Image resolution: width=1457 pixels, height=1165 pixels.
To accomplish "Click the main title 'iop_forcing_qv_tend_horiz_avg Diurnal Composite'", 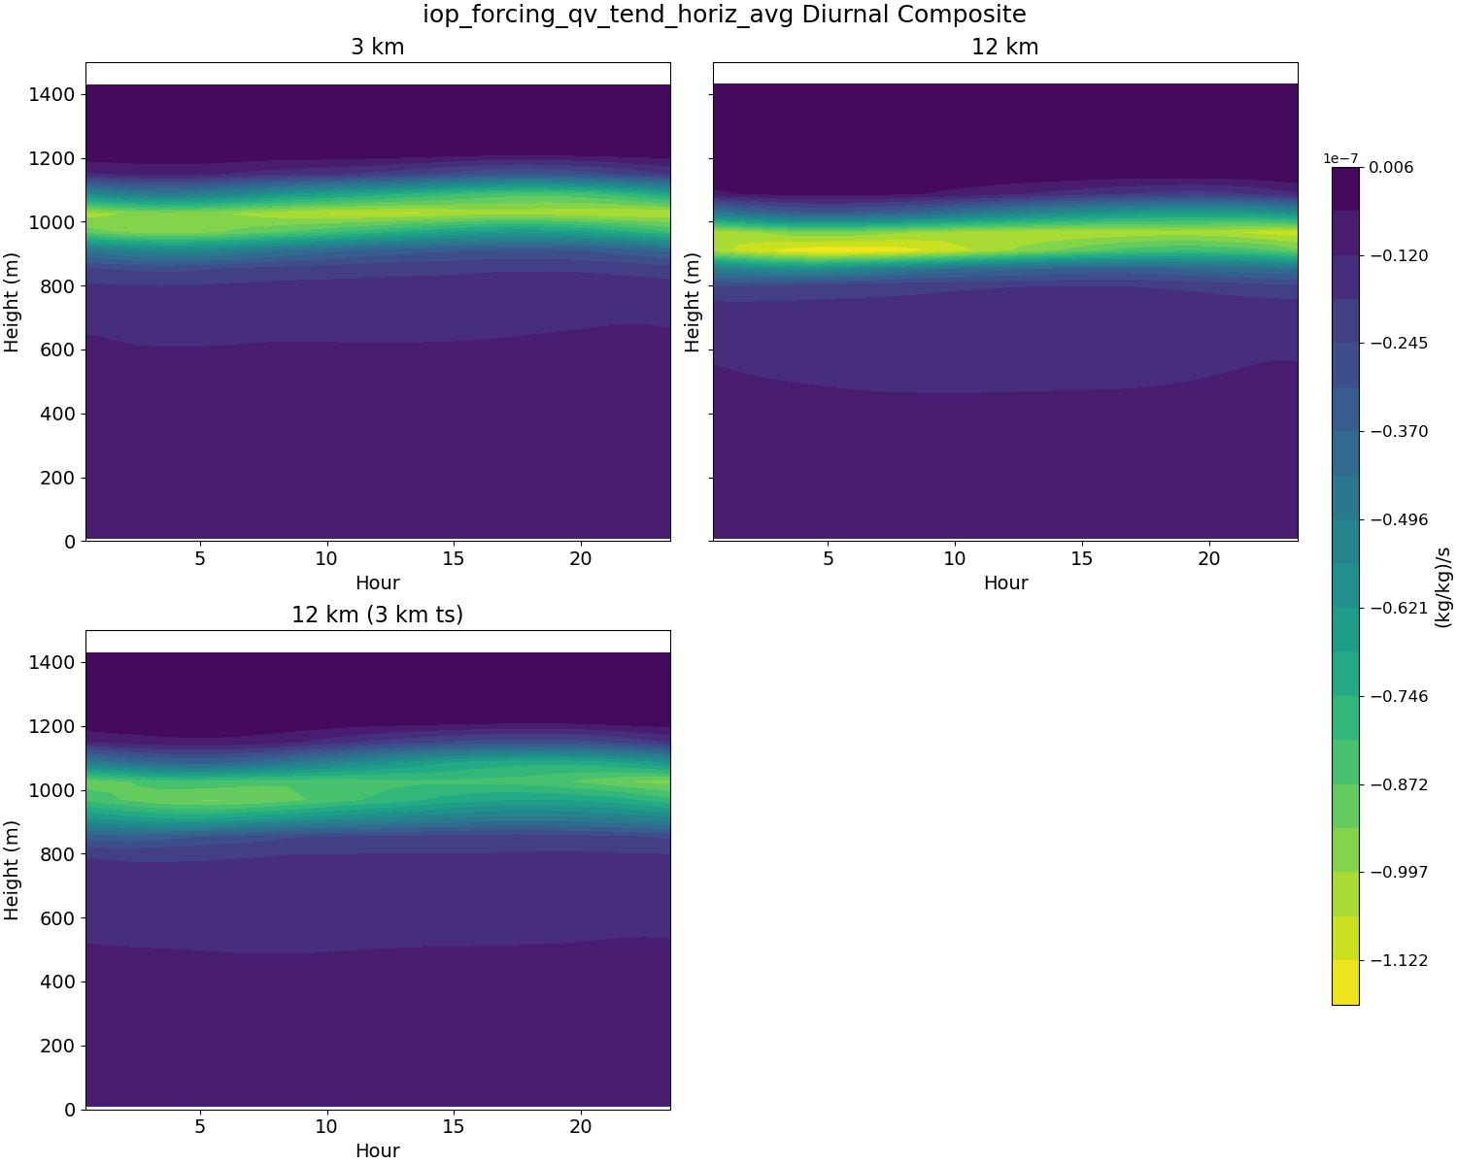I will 724,15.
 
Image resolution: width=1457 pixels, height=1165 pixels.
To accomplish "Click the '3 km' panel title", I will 377,47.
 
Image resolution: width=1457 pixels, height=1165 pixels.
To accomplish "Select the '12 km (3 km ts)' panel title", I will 377,615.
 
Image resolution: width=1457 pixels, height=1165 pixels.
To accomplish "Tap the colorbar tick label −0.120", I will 1400,255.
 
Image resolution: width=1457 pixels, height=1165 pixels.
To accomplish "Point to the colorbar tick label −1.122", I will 1400,960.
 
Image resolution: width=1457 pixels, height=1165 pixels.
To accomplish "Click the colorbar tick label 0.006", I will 1391,167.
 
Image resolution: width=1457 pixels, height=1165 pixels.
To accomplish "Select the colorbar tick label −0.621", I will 1400,608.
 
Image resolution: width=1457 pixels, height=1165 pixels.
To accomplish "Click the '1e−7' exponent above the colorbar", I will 1340,158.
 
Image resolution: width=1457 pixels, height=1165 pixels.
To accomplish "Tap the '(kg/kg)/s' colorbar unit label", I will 1443,586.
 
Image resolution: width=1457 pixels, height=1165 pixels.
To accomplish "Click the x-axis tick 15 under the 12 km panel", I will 1081,558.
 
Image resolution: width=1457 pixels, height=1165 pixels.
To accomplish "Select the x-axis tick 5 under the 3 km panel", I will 200,558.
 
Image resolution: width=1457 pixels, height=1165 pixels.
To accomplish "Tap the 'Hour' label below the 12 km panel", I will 1005,582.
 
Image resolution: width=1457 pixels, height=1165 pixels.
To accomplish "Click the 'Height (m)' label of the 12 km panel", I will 693,302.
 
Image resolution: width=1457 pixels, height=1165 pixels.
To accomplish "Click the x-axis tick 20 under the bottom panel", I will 580,1126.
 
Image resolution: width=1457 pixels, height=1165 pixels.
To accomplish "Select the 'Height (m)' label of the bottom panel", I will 13,870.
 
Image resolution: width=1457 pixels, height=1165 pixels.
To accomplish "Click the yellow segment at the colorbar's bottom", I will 1345,982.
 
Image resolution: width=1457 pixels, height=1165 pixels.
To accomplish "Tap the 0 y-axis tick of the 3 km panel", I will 69,542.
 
